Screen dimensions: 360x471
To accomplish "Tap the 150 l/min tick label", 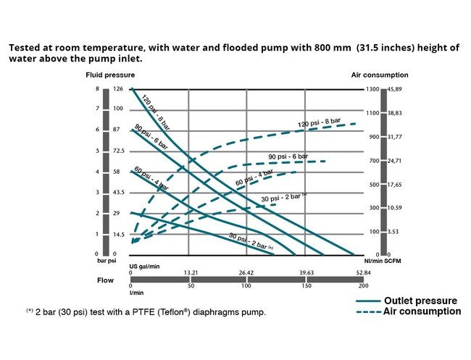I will (304, 285).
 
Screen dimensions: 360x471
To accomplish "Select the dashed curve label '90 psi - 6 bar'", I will (288, 156).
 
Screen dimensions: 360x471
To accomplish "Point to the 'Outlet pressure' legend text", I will (420, 301).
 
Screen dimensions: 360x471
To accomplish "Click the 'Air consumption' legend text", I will (422, 311).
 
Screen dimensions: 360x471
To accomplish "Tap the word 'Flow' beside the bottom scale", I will (105, 279).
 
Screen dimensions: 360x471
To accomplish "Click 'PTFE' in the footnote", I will (147, 312).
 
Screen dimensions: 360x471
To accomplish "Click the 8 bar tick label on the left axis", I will (98, 89).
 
